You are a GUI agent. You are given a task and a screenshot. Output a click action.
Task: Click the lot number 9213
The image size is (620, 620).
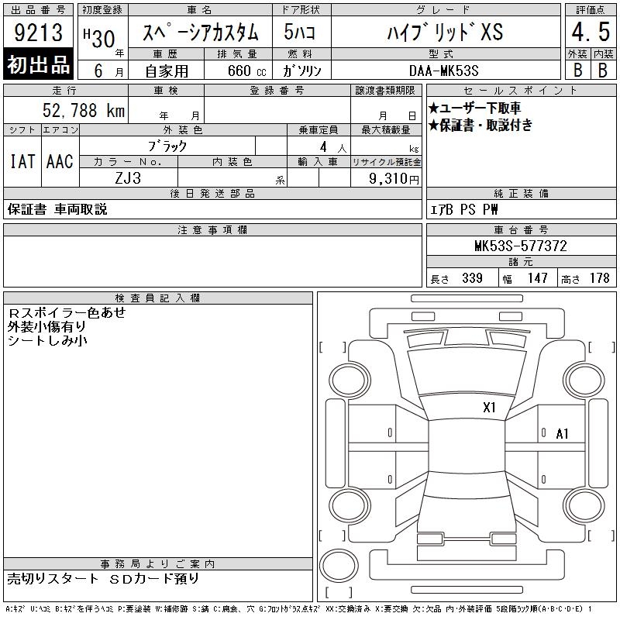(38, 33)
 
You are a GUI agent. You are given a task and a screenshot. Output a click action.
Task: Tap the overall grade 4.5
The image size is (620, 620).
(591, 32)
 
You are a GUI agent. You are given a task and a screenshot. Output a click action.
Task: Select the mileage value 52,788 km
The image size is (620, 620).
(84, 110)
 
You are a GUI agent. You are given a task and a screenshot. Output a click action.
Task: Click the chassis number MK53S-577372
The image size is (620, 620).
(521, 246)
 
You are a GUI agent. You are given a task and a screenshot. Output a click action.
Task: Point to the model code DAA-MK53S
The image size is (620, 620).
(443, 71)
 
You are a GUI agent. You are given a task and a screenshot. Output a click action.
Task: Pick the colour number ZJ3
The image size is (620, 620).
(128, 178)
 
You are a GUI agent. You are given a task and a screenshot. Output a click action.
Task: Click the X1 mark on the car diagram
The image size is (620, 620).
(489, 408)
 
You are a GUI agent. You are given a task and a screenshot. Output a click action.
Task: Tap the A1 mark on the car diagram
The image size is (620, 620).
(562, 434)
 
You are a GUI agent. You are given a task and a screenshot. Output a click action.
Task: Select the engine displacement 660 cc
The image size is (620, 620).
(247, 71)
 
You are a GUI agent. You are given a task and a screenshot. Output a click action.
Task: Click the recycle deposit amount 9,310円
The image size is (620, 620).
(394, 178)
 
